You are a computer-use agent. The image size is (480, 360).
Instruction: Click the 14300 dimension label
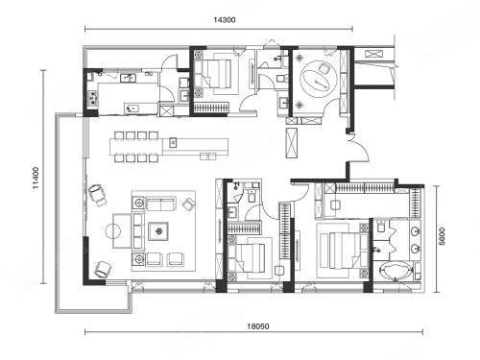[225, 20]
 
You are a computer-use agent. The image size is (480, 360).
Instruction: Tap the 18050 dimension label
[258, 326]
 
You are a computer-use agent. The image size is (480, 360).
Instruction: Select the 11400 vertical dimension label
[36, 178]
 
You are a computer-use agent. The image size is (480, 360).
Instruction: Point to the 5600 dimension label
[442, 236]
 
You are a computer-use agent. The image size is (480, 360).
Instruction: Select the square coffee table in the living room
[158, 231]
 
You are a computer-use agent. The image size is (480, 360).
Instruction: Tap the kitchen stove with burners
[92, 99]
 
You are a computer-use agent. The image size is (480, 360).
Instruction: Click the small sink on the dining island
[173, 142]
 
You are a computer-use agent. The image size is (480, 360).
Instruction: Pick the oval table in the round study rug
[317, 81]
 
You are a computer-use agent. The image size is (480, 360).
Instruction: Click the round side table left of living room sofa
[113, 231]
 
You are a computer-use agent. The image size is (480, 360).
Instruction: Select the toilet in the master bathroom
[381, 226]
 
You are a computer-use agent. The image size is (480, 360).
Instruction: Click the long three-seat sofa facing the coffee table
[138, 231]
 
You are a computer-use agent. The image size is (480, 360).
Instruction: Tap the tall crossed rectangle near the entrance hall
[292, 143]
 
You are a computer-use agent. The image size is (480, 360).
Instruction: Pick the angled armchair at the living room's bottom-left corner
[103, 269]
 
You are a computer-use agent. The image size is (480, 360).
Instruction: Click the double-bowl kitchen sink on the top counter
[128, 78]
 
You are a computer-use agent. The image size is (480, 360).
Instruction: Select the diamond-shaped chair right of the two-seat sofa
[188, 204]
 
